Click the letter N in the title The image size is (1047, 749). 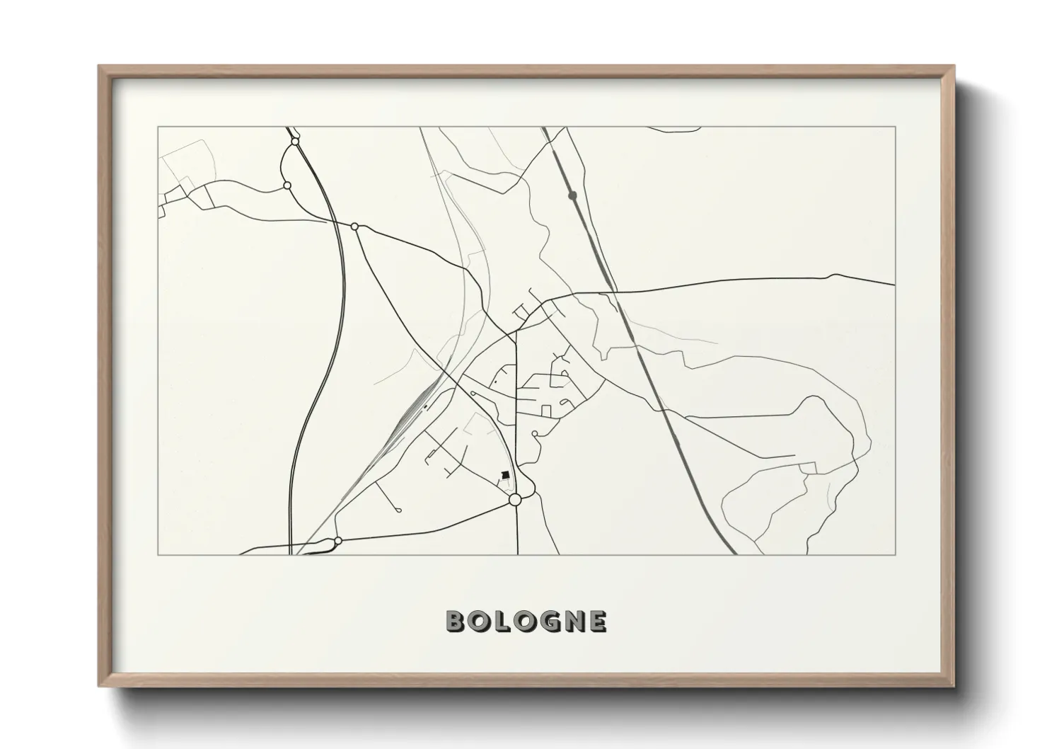point(572,622)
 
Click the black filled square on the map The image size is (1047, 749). point(505,475)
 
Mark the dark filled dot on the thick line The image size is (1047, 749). point(572,195)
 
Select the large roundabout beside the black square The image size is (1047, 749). point(515,500)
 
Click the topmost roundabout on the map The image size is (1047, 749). point(295,142)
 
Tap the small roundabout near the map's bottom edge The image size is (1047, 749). point(338,541)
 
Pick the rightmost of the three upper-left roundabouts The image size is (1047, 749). point(355,227)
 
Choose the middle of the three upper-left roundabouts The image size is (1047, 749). point(287,185)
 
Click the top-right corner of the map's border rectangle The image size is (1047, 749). point(895,127)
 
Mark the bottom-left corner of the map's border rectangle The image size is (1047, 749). point(158,554)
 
